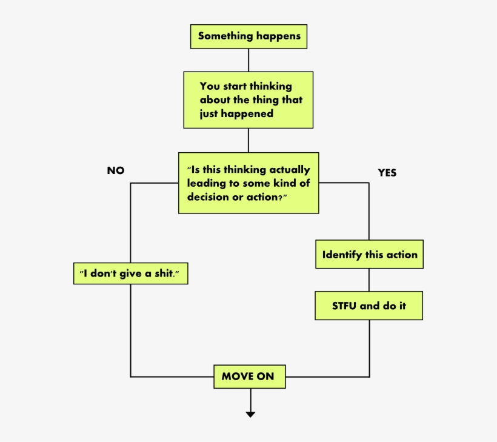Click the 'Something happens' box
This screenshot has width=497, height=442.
248,36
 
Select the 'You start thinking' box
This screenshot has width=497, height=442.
248,99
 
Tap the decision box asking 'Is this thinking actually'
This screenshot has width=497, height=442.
248,183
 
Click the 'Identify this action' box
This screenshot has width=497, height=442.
369,254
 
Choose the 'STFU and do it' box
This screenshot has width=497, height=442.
369,306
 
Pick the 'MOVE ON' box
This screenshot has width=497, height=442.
248,377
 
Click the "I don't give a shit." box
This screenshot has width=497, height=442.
130,273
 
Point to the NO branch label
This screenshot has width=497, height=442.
116,170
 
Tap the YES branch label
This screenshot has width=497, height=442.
387,173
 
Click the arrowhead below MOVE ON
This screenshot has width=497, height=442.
250,414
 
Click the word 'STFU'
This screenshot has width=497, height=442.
344,306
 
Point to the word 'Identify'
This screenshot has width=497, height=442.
342,255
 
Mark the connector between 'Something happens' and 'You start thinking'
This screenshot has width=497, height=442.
248,60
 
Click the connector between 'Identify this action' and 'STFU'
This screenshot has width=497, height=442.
369,280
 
